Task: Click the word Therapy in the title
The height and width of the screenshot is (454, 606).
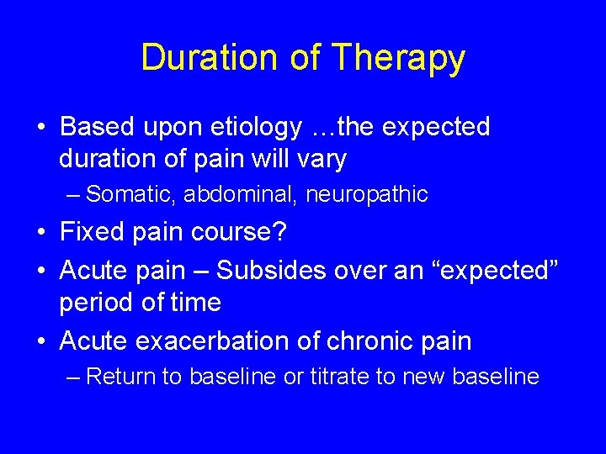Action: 398,58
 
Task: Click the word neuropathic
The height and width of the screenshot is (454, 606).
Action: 367,195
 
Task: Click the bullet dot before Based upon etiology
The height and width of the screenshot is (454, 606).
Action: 42,128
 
